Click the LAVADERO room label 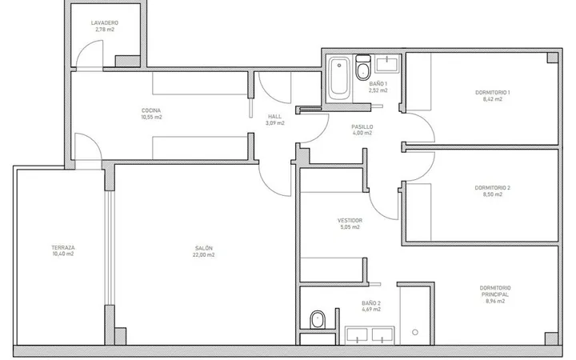(x=105, y=22)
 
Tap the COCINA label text (x=151, y=110)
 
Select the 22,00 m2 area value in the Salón (x=203, y=255)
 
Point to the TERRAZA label (x=63, y=247)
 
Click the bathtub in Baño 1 (x=338, y=78)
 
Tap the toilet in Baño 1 (x=363, y=68)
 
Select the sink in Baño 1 (x=387, y=64)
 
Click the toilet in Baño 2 (x=318, y=320)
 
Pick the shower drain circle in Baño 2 (x=415, y=333)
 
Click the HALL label (x=274, y=117)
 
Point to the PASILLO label (x=362, y=126)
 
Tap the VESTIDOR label (x=350, y=221)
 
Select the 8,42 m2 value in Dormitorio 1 (x=493, y=99)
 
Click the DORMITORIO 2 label (x=493, y=188)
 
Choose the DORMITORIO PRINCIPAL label (x=495, y=291)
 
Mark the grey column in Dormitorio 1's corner (x=552, y=58)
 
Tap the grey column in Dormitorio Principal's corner (x=551, y=338)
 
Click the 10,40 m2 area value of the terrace (x=63, y=254)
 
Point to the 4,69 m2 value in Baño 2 (x=371, y=310)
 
